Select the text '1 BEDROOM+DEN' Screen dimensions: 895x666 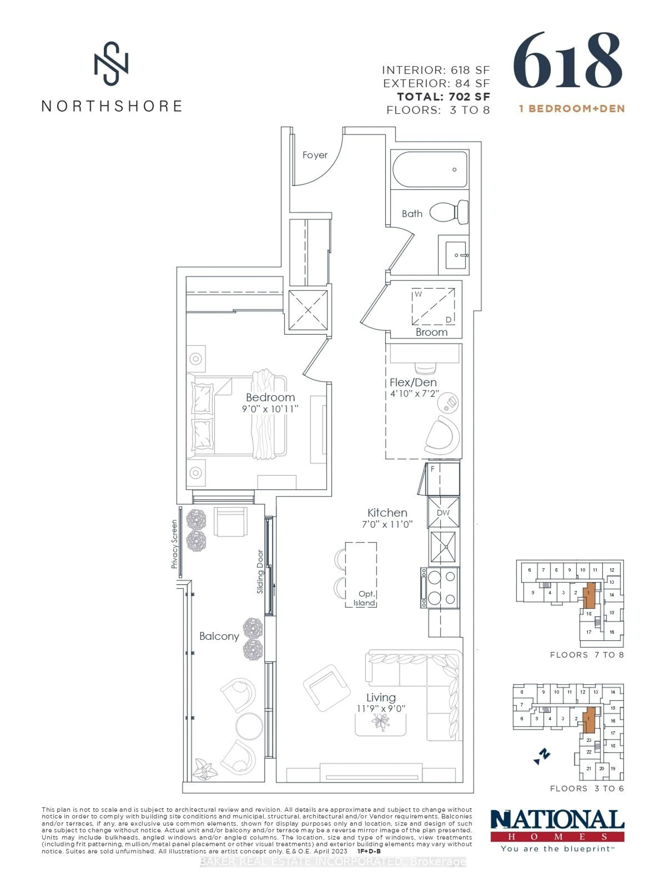click(x=572, y=108)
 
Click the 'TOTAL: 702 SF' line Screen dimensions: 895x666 click(x=443, y=97)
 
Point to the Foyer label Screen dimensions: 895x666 click(x=315, y=155)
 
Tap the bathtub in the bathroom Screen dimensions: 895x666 click(x=430, y=170)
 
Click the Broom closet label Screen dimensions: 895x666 click(x=431, y=332)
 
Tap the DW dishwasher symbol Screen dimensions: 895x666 click(x=443, y=513)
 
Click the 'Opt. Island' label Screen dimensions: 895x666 click(x=365, y=598)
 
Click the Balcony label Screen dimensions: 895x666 click(x=219, y=636)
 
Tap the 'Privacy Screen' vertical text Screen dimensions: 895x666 click(x=174, y=544)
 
